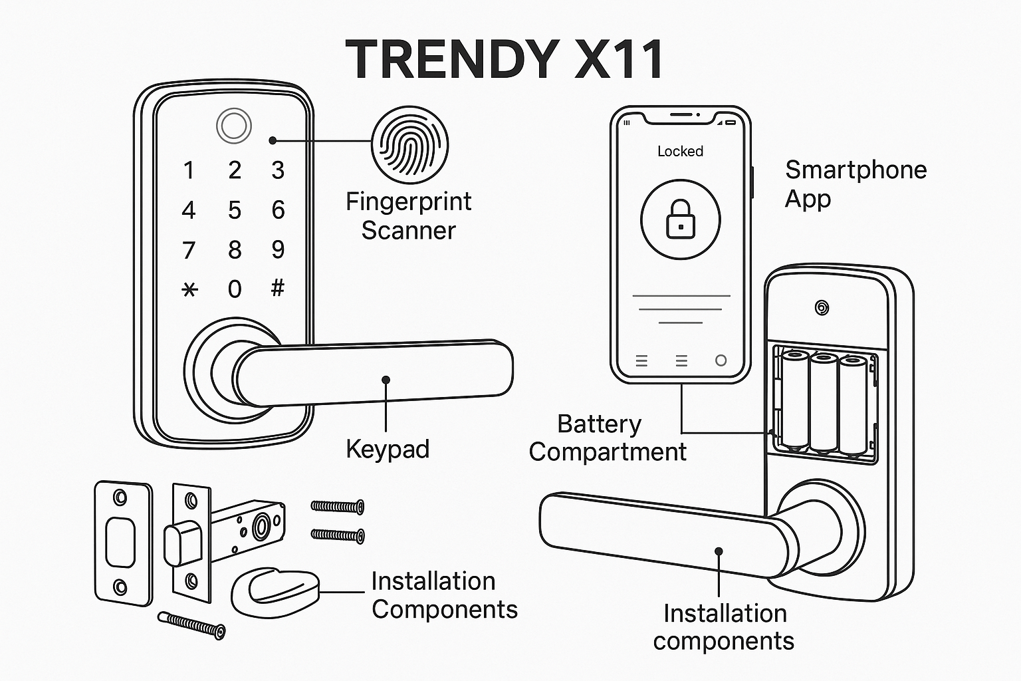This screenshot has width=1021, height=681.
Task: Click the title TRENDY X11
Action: [504, 59]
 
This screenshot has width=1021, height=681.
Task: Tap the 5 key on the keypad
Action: [234, 210]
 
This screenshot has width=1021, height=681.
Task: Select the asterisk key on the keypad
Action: [189, 290]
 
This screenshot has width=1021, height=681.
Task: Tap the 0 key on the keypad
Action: [234, 289]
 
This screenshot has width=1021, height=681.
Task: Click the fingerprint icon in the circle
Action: [409, 145]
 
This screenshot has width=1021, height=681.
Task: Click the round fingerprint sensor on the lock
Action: [234, 126]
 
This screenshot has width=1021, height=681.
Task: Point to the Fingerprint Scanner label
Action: [408, 215]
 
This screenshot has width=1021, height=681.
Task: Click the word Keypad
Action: [388, 450]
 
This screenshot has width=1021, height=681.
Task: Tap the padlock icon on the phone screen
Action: [681, 219]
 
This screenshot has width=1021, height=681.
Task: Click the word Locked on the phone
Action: [680, 151]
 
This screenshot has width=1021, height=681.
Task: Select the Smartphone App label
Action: [855, 184]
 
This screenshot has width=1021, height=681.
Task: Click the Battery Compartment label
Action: [607, 438]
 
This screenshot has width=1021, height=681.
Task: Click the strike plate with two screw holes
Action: [123, 543]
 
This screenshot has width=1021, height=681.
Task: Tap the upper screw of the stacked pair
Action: [337, 506]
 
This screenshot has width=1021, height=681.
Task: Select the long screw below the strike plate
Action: [191, 625]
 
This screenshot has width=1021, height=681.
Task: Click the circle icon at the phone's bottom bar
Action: [721, 361]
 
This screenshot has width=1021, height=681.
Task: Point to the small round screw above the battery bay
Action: [822, 309]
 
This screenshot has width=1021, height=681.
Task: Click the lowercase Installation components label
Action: [725, 627]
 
